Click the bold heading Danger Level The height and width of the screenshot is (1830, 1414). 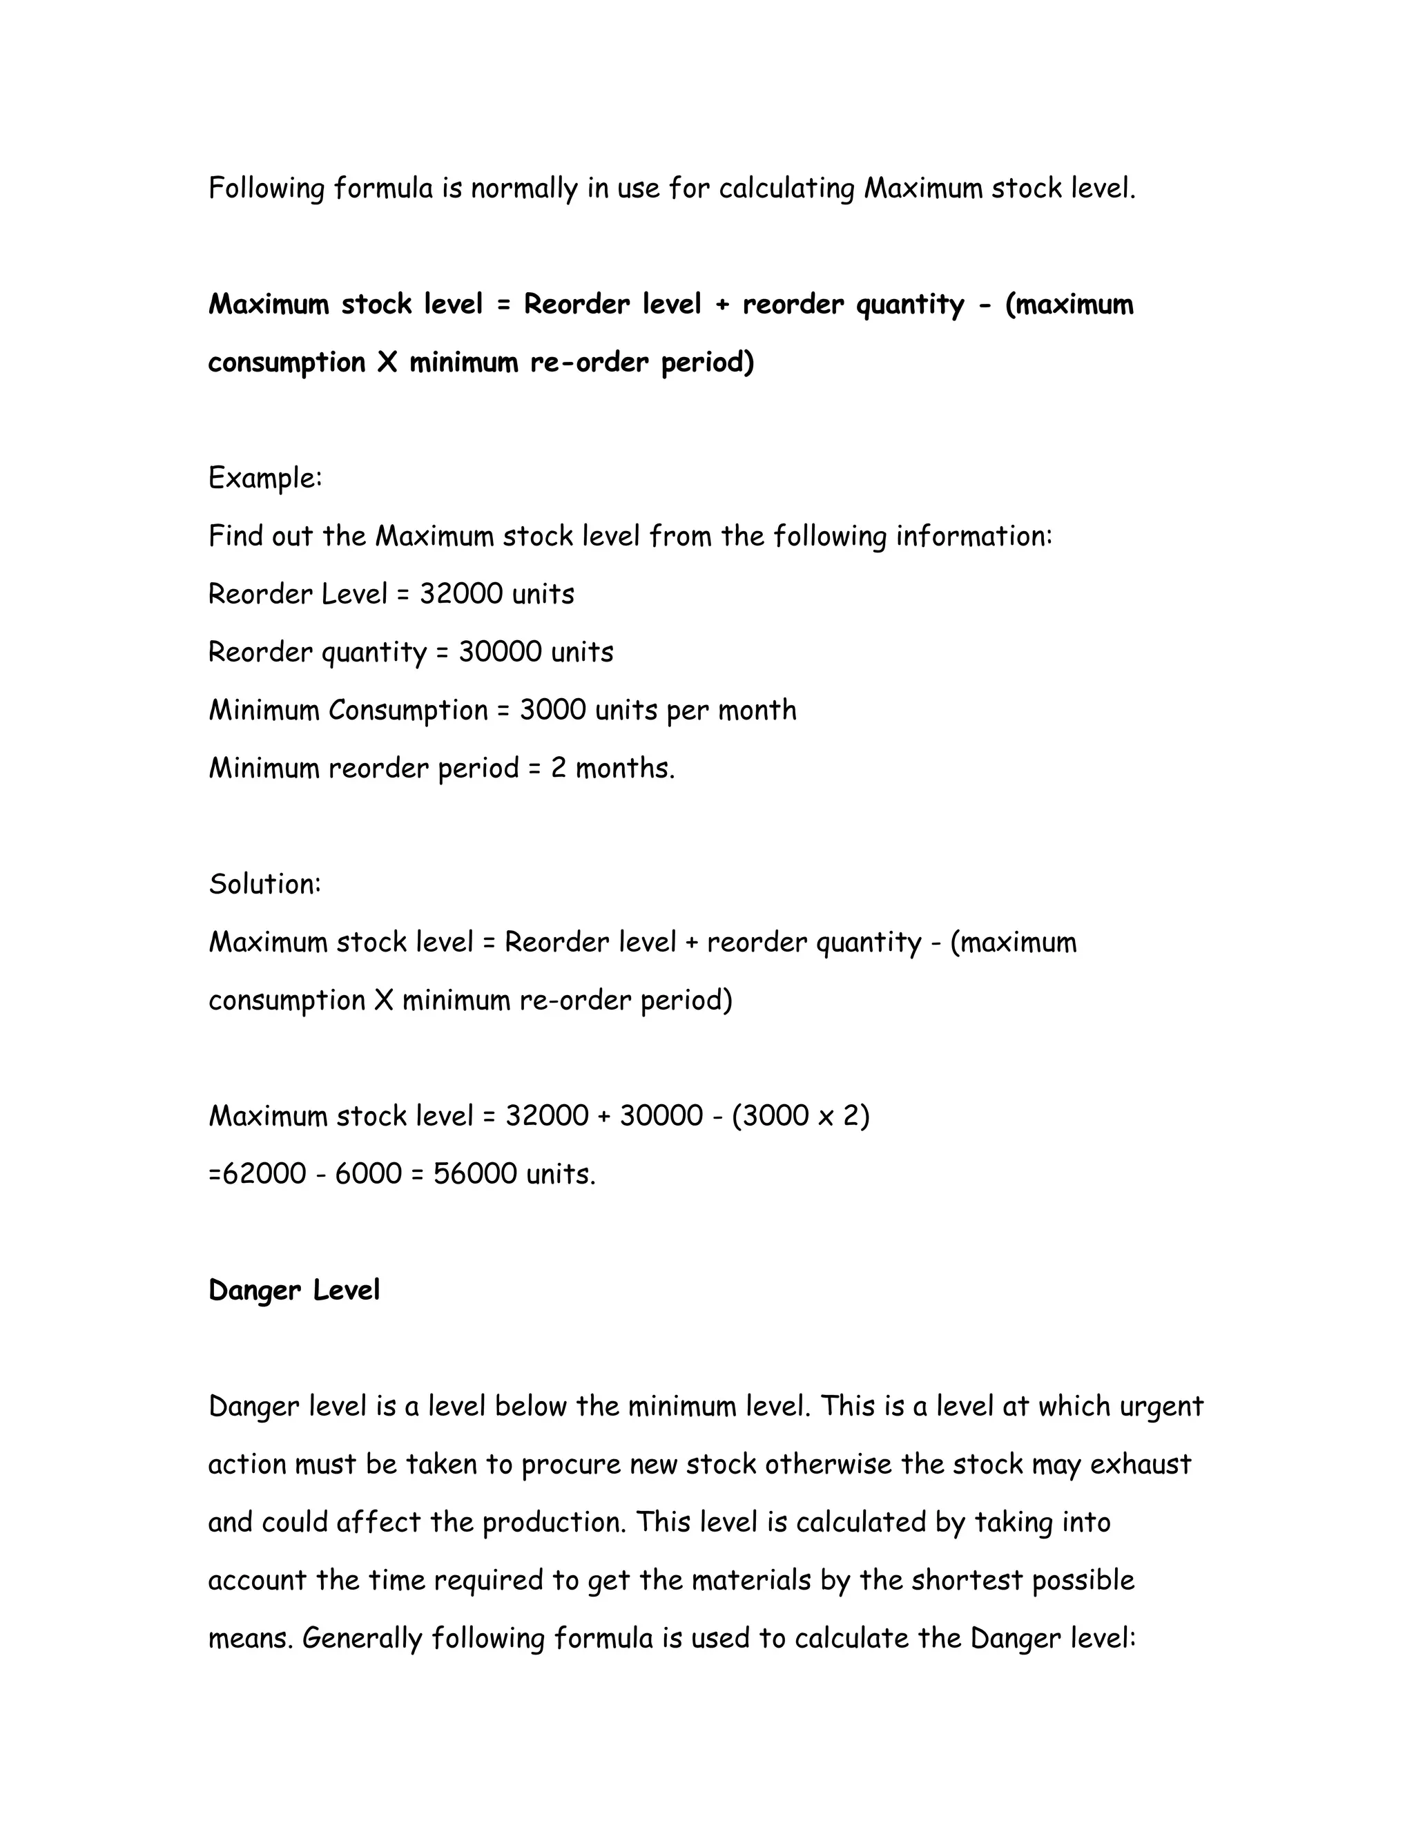coord(293,1291)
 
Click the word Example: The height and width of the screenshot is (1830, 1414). coord(264,479)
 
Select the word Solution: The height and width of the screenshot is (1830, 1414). coord(264,884)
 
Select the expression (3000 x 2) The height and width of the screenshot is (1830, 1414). coord(801,1116)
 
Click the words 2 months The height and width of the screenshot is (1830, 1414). coord(612,769)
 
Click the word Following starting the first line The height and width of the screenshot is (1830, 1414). coord(267,189)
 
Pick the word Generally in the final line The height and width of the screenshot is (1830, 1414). coord(362,1639)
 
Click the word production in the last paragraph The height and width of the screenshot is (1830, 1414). coord(554,1523)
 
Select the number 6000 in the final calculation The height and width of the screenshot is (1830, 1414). coord(369,1174)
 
